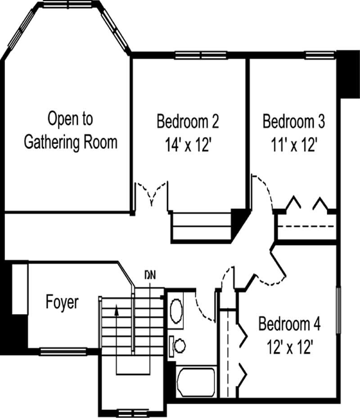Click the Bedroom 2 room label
(x=188, y=121)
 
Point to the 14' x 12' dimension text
(x=188, y=145)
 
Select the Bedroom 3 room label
(x=293, y=121)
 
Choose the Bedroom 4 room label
(x=289, y=324)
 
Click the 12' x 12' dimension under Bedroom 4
(x=289, y=347)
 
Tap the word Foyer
(x=62, y=302)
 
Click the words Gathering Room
(x=70, y=142)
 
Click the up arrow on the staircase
(x=117, y=310)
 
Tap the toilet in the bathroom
(x=178, y=345)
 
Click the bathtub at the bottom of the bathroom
(x=196, y=382)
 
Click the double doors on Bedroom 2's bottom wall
(x=152, y=193)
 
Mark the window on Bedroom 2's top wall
(x=201, y=56)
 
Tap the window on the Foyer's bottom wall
(x=63, y=351)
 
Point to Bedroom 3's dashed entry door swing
(x=263, y=189)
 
